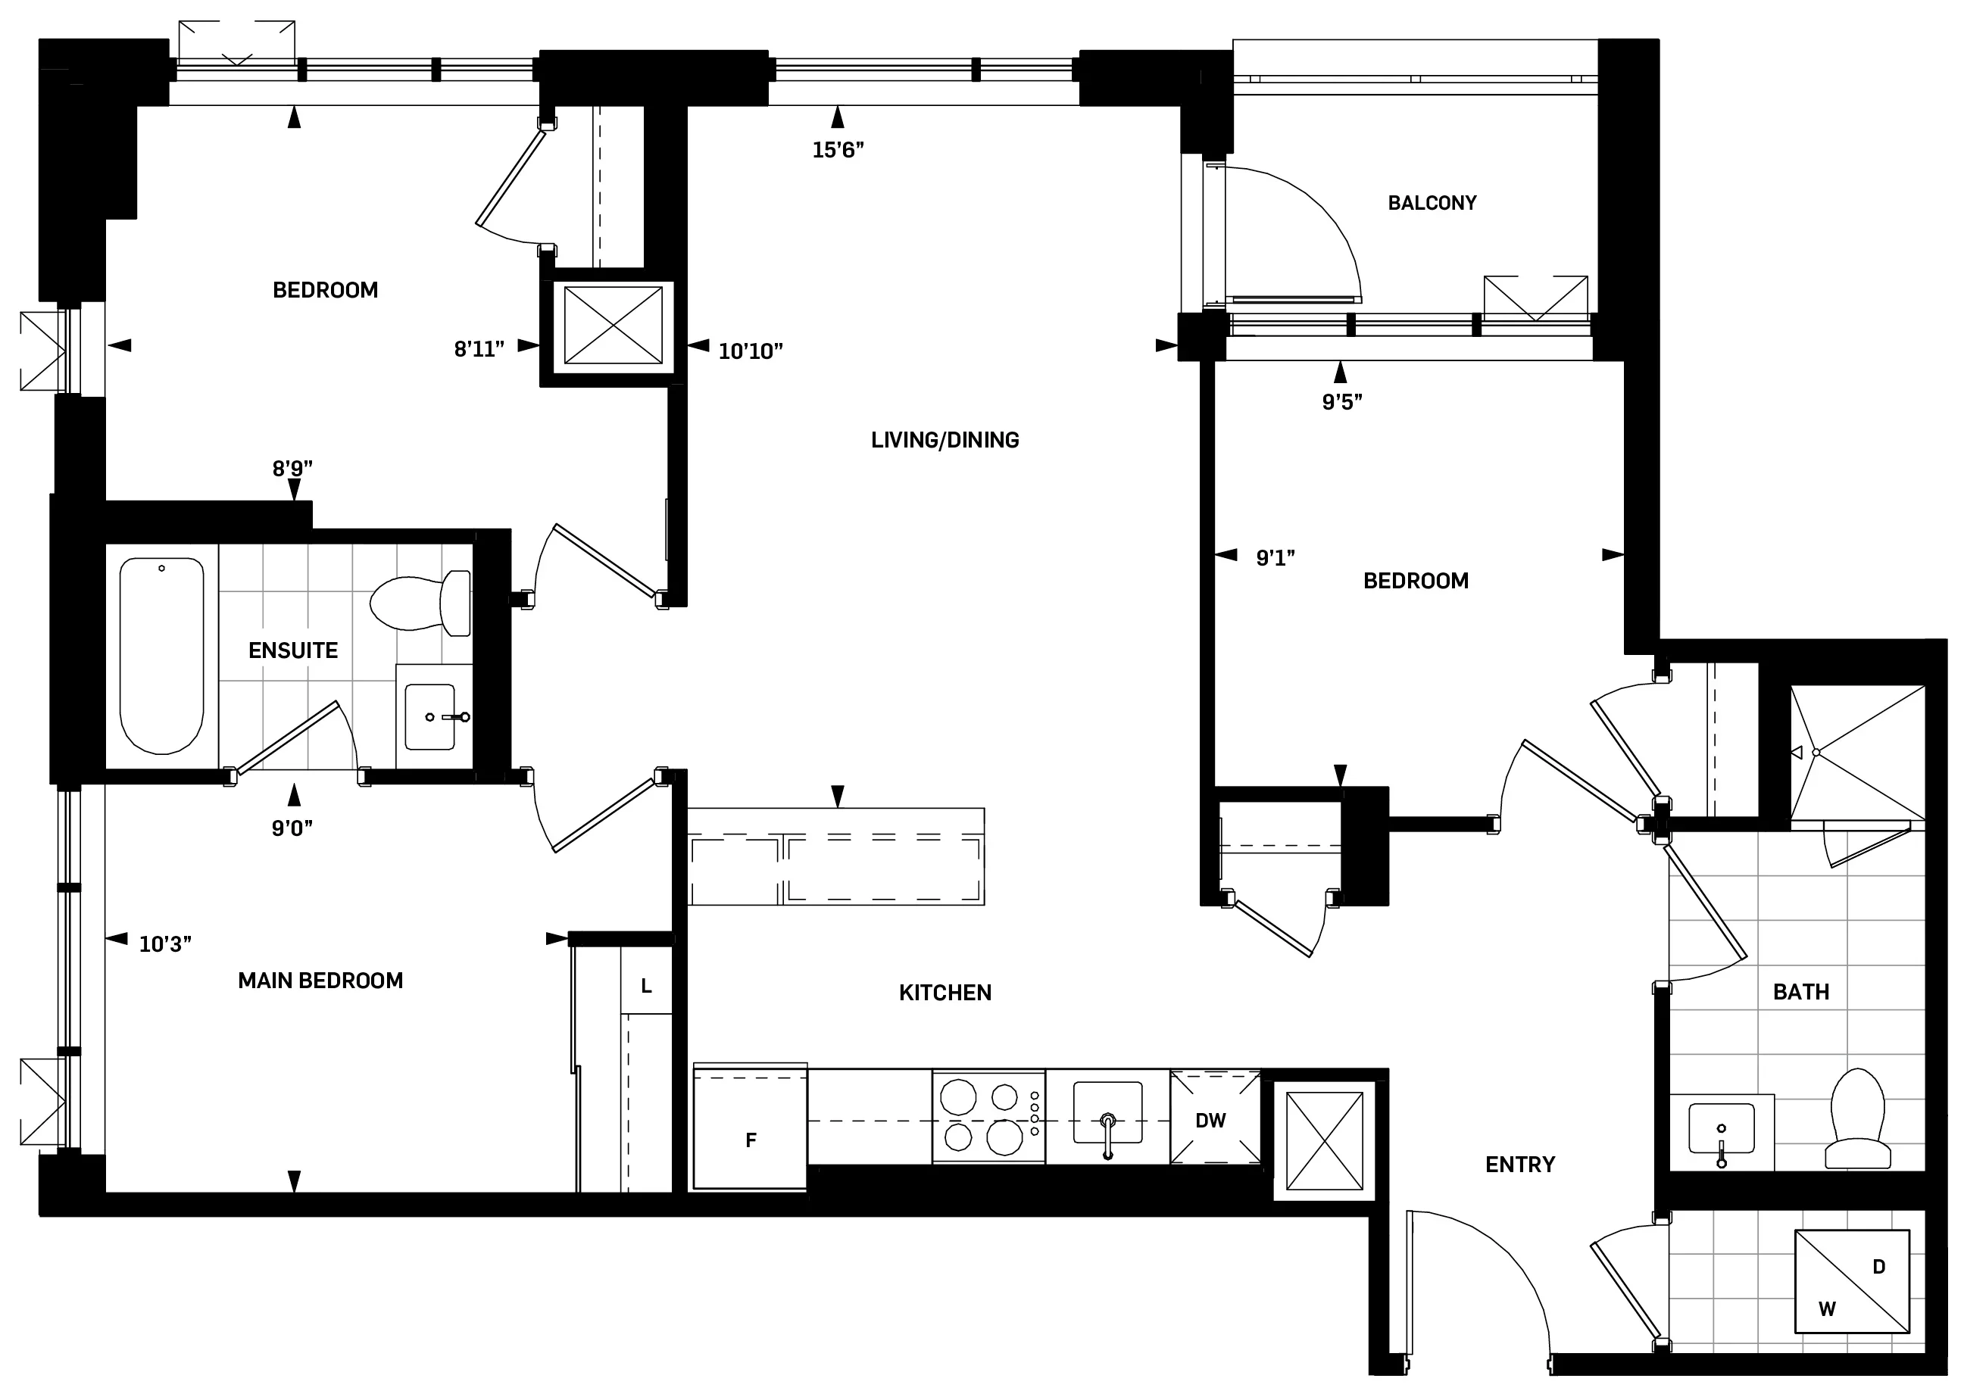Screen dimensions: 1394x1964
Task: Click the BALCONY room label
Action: [x=1432, y=204]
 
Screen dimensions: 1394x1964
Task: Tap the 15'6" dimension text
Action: [x=838, y=150]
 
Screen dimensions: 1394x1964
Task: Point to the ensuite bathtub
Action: [x=162, y=656]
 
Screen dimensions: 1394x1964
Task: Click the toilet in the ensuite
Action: [x=420, y=603]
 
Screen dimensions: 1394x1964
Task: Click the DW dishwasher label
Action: [x=1210, y=1120]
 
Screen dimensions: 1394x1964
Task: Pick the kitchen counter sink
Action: [x=1107, y=1113]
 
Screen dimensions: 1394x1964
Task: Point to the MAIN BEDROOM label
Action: [x=320, y=981]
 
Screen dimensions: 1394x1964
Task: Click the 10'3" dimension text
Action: [x=165, y=945]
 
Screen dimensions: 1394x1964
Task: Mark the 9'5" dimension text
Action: [x=1341, y=402]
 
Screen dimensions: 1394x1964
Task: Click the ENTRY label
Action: [x=1520, y=1165]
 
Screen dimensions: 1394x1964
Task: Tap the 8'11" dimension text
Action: [x=479, y=349]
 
